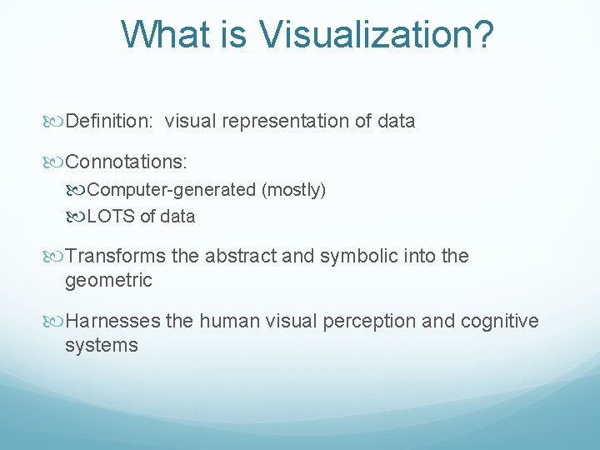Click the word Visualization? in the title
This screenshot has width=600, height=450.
pyautogui.click(x=377, y=35)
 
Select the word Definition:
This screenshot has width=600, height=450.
pyautogui.click(x=109, y=122)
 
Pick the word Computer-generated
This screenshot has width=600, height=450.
pyautogui.click(x=172, y=190)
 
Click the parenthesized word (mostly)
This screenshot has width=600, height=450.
pyautogui.click(x=293, y=190)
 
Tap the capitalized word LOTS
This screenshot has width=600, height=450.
pyautogui.click(x=111, y=217)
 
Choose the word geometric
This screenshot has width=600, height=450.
pyautogui.click(x=108, y=281)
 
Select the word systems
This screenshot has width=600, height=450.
pyautogui.click(x=101, y=345)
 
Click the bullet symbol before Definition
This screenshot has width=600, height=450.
pyautogui.click(x=56, y=122)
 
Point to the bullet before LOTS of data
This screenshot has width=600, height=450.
pyautogui.click(x=77, y=217)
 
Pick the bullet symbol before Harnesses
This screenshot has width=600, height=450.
pyautogui.click(x=56, y=322)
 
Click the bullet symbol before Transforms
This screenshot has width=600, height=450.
pyautogui.click(x=56, y=257)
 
